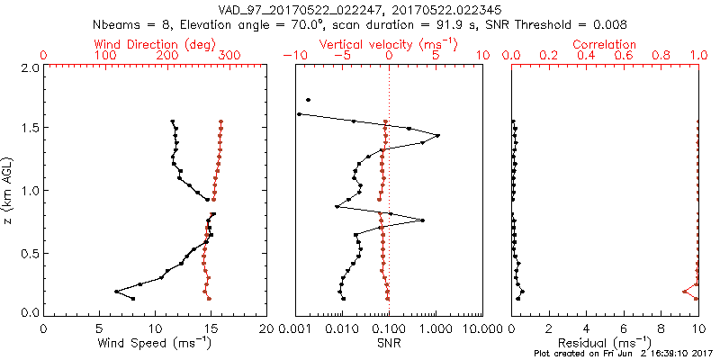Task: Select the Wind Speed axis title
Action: [x=156, y=342]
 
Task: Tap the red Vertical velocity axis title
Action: [x=388, y=44]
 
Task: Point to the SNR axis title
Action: [x=388, y=342]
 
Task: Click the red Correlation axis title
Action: [x=604, y=44]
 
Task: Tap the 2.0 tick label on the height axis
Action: [x=30, y=67]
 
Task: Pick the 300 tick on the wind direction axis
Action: [x=229, y=56]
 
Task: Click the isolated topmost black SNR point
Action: [x=308, y=100]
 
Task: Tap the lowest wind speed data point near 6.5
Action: [x=116, y=292]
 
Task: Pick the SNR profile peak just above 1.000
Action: [x=438, y=136]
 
